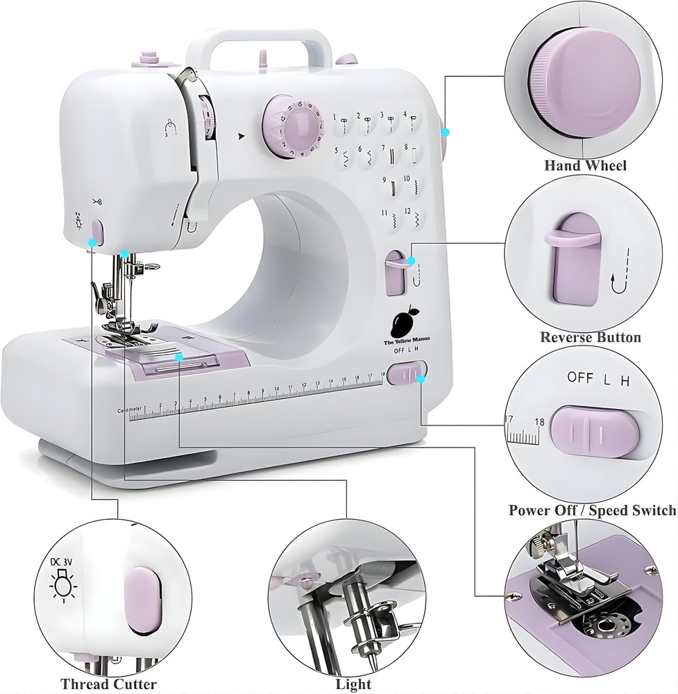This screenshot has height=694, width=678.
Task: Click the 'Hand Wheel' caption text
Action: pos(585,165)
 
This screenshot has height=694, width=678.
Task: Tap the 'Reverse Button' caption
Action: pos(591,337)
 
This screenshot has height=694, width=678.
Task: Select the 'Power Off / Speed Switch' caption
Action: pos(591,510)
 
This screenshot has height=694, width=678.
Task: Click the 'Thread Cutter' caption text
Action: pos(108,684)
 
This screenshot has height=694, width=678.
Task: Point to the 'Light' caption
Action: pos(354,684)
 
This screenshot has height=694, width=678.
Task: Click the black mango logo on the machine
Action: pos(403,322)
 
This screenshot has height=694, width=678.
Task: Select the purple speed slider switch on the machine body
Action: pos(407,375)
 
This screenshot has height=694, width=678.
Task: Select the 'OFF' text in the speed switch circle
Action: pos(581,378)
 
